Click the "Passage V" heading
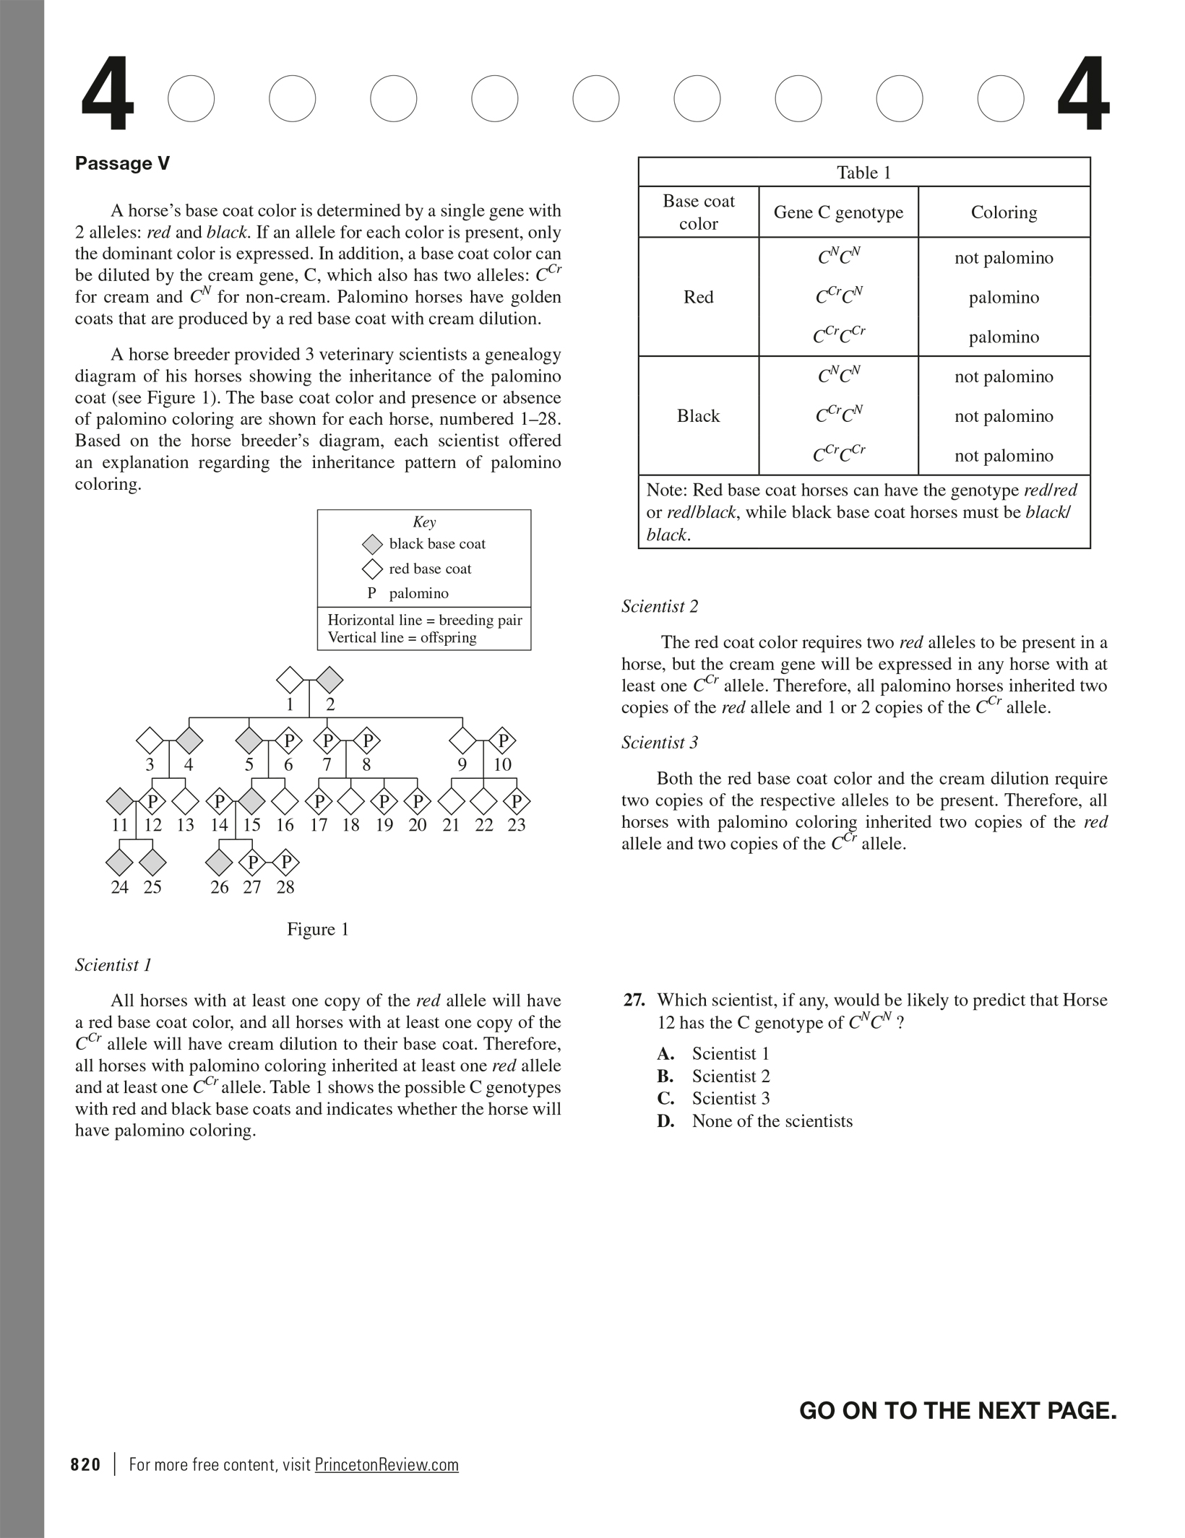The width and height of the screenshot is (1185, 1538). [122, 164]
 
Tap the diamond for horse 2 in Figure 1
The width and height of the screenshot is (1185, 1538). [329, 680]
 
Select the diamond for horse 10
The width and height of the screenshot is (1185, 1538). [504, 740]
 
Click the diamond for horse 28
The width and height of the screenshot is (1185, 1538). [286, 863]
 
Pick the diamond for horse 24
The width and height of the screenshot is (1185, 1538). [120, 863]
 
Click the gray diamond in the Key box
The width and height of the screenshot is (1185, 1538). [372, 544]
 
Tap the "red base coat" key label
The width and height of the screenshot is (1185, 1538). [430, 569]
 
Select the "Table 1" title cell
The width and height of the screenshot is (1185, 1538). [863, 173]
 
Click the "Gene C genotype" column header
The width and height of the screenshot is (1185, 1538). [838, 212]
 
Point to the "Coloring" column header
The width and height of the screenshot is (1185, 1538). [1004, 212]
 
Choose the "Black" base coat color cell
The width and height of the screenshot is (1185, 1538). [698, 416]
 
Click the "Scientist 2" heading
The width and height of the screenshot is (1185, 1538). [660, 607]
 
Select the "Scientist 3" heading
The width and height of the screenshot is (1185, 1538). [660, 743]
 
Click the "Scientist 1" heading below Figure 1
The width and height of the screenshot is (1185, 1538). [113, 965]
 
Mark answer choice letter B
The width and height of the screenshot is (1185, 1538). [665, 1076]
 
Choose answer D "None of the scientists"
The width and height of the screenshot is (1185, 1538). [772, 1121]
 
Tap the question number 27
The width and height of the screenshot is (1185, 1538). [634, 1001]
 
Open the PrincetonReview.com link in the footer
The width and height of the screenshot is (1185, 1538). [387, 1465]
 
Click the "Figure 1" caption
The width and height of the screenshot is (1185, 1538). [318, 930]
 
